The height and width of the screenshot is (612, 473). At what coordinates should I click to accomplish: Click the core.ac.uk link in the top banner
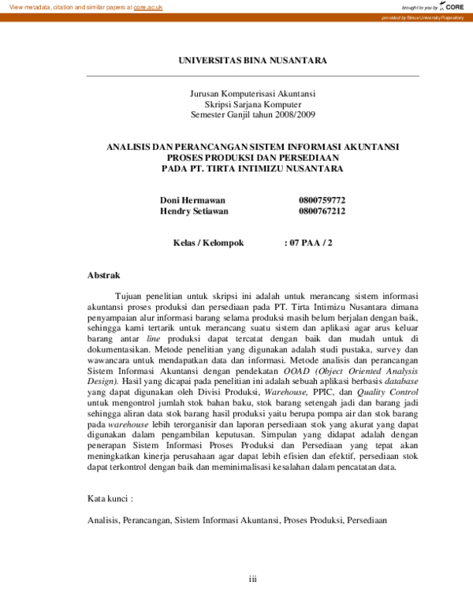148,6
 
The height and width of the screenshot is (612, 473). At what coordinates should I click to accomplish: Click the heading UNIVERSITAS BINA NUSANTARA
252,60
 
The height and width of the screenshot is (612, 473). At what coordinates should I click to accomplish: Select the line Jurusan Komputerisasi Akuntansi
252,93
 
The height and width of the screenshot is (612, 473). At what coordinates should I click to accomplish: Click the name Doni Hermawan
192,200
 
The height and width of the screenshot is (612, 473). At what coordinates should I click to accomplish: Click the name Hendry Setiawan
194,211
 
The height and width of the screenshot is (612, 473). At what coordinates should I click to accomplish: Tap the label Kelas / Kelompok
208,243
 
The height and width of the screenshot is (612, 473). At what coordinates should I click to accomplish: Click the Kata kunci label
109,498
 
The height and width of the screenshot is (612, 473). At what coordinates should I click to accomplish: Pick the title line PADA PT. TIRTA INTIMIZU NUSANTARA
252,169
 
